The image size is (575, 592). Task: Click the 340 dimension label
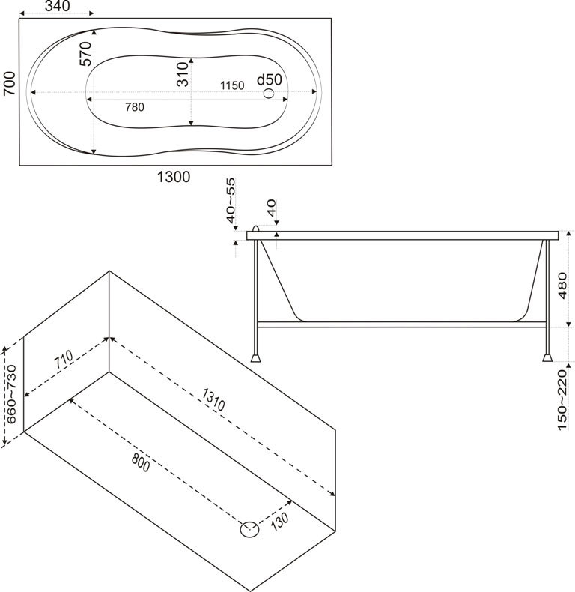(x=57, y=7)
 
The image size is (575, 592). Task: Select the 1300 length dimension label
(x=173, y=178)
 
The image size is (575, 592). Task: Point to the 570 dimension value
(x=85, y=54)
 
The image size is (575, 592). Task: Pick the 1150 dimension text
(x=231, y=85)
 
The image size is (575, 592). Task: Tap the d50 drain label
(x=269, y=79)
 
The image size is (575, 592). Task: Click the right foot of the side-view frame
(x=548, y=357)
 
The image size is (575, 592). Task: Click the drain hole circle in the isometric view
(x=249, y=530)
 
